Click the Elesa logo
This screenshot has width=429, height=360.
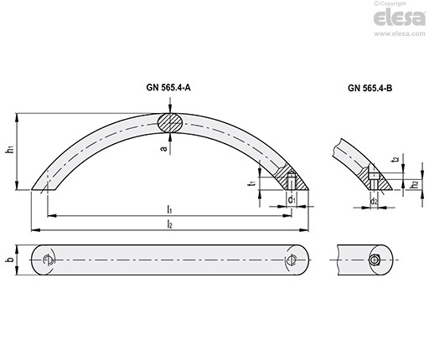pyautogui.click(x=400, y=18)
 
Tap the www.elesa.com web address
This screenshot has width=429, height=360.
pyautogui.click(x=400, y=33)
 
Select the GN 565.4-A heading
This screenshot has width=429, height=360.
pyautogui.click(x=168, y=88)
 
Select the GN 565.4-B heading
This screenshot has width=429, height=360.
pyautogui.click(x=370, y=88)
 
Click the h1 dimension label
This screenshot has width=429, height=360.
pyautogui.click(x=10, y=149)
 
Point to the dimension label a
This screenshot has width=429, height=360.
pyautogui.click(x=164, y=149)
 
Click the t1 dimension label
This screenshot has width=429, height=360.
pyautogui.click(x=252, y=183)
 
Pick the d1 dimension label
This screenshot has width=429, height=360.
pyautogui.click(x=292, y=200)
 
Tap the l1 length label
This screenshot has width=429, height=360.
pyautogui.click(x=169, y=209)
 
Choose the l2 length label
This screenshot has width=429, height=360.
pyautogui.click(x=169, y=224)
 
